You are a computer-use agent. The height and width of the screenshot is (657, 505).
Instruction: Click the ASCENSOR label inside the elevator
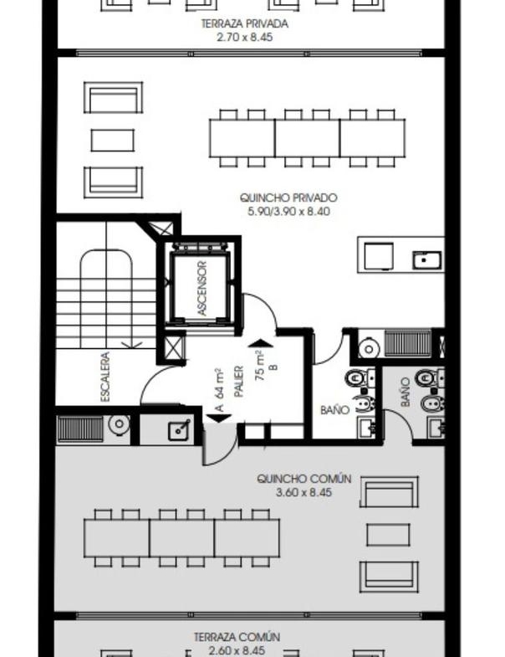pyautogui.click(x=201, y=288)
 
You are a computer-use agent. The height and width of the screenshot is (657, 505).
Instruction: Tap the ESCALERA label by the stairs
pyautogui.click(x=105, y=377)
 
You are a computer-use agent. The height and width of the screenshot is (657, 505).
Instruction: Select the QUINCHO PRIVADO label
pyautogui.click(x=288, y=198)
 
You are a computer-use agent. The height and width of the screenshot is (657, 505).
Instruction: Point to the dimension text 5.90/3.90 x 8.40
pyautogui.click(x=288, y=212)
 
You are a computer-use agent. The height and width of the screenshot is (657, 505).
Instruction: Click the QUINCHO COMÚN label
pyautogui.click(x=304, y=479)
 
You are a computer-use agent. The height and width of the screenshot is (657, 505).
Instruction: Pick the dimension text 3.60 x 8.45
pyautogui.click(x=304, y=492)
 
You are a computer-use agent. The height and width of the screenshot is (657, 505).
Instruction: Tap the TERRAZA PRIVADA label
pyautogui.click(x=244, y=23)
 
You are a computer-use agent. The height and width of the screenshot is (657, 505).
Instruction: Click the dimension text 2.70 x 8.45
pyautogui.click(x=244, y=38)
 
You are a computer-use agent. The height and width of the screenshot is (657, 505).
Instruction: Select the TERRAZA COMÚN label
pyautogui.click(x=237, y=637)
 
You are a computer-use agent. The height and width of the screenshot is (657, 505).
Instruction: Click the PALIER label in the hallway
pyautogui.click(x=238, y=382)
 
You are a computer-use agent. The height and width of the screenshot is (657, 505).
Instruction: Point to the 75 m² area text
pyautogui.click(x=260, y=367)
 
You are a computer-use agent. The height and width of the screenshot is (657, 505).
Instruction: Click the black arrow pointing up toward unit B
pyautogui.click(x=261, y=343)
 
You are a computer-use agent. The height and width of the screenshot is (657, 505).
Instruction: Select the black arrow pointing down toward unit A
pyautogui.click(x=219, y=418)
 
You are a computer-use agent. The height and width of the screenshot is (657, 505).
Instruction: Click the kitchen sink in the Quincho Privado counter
pyautogui.click(x=426, y=259)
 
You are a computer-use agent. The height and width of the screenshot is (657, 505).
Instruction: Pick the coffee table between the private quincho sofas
pyautogui.click(x=113, y=140)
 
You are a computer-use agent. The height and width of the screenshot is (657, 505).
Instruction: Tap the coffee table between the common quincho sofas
pyautogui.click(x=388, y=535)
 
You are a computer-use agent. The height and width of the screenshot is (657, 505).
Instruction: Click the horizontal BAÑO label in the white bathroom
pyautogui.click(x=334, y=409)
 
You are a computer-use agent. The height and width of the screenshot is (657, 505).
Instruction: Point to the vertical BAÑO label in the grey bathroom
pyautogui.click(x=405, y=392)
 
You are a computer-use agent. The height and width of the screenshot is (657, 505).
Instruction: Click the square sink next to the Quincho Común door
pyautogui.click(x=179, y=430)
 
